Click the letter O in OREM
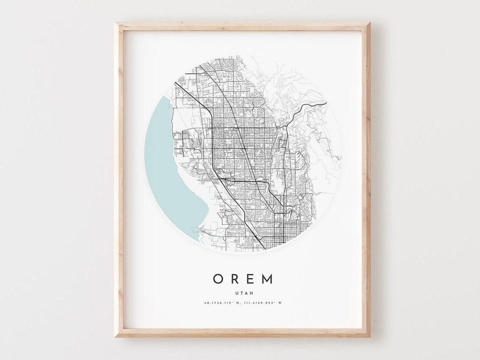coord(218,279)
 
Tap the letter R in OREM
coord(235,279)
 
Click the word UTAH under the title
coord(243,292)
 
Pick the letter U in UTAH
coord(236,292)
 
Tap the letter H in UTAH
coord(249,292)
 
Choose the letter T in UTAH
coord(240,292)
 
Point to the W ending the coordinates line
coord(280,303)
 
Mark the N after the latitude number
coord(239,303)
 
